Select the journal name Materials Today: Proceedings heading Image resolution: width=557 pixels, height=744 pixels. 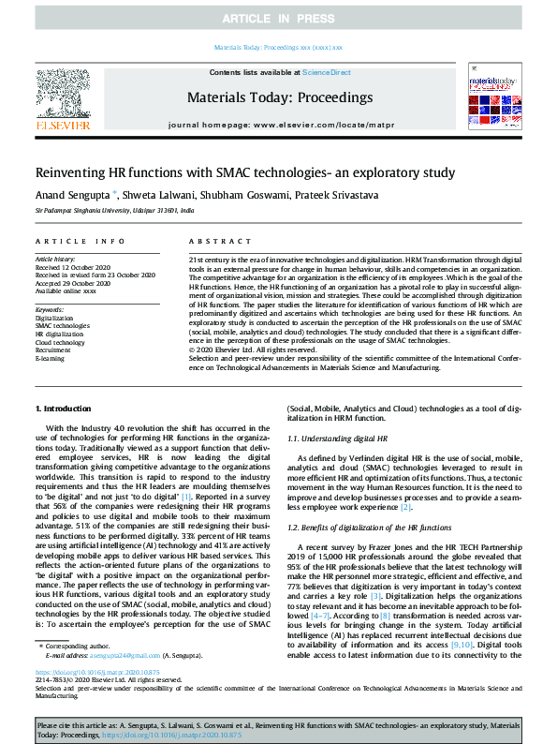pos(280,97)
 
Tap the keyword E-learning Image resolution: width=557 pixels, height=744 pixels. pos(50,358)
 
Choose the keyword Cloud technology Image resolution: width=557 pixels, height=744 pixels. pos(60,342)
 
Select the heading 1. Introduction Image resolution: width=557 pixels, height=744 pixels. pos(63,409)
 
